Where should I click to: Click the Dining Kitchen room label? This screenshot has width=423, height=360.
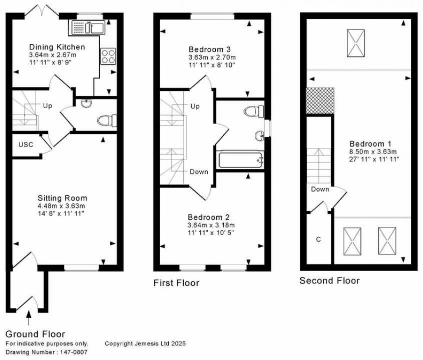click(x=57, y=47)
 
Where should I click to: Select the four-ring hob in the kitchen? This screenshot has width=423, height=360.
click(x=108, y=56)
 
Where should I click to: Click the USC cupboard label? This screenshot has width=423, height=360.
click(x=26, y=145)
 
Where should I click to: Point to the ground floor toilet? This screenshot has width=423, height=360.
click(x=107, y=120)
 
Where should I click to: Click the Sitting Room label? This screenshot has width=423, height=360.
click(x=63, y=198)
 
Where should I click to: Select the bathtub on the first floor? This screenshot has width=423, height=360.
click(x=241, y=160)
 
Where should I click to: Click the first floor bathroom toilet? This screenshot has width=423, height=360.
click(x=254, y=111)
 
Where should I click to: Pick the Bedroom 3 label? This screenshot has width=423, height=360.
click(x=210, y=49)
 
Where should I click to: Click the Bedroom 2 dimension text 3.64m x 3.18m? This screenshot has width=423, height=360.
click(x=211, y=225)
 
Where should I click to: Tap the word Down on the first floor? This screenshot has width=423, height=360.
click(x=199, y=172)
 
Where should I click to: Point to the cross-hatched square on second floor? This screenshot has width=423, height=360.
click(x=320, y=100)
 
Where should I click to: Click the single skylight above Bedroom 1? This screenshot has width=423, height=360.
click(x=356, y=43)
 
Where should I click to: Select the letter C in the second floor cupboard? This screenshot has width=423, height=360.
click(x=318, y=239)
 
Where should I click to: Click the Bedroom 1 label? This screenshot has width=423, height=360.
click(x=370, y=144)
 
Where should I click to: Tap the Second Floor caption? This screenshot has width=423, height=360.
click(x=329, y=281)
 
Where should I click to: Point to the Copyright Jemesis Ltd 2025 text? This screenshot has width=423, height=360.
click(x=145, y=344)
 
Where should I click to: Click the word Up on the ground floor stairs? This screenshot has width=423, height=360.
click(x=47, y=106)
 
